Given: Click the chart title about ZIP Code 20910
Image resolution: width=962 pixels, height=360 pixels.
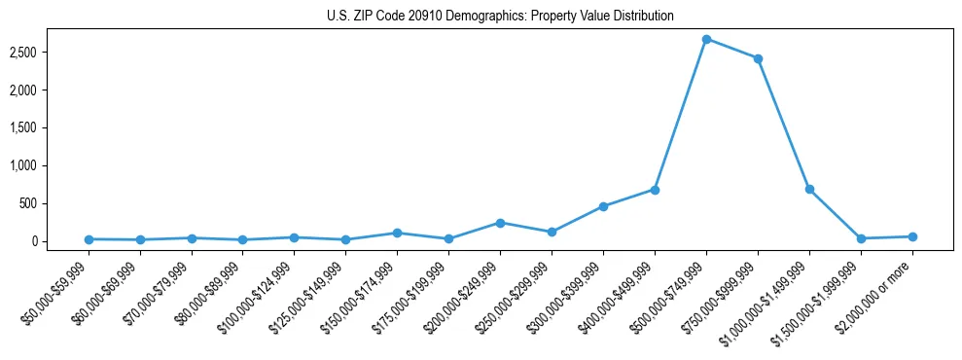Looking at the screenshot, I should pos(500,17).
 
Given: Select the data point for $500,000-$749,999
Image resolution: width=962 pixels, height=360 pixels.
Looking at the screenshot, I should pos(706,39).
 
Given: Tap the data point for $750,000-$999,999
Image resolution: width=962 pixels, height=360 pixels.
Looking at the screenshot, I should pos(758,58).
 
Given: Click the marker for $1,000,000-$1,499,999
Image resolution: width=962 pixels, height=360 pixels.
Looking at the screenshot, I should pos(809,189).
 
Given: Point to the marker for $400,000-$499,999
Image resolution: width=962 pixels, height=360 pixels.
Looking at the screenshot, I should pos(655,190).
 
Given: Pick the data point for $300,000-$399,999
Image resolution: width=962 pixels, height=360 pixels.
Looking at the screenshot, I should pos(603,206).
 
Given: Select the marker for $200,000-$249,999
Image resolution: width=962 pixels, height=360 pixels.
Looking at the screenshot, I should pos(500,223).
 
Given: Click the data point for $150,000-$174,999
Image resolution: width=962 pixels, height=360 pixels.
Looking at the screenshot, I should pos(397,233).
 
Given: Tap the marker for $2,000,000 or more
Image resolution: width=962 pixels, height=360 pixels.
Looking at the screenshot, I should pos(912,236).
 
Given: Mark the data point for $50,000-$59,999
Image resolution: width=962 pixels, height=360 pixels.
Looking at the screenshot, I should pos(89,239).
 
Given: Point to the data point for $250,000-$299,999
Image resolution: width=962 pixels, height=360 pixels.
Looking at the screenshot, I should pos(552,232).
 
